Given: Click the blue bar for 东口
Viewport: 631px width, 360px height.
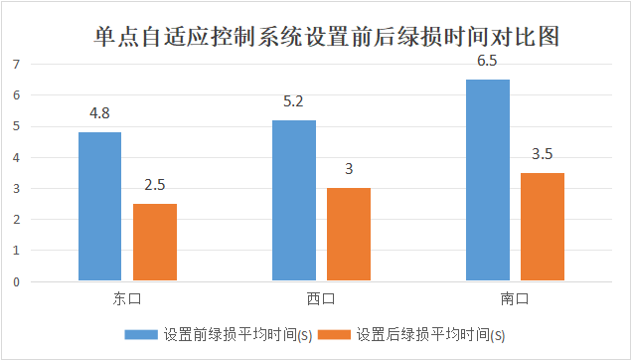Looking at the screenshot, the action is [x=99, y=206].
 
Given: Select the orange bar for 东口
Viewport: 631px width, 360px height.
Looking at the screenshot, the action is [x=155, y=242].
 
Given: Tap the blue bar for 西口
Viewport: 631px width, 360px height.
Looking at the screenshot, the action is [x=294, y=200].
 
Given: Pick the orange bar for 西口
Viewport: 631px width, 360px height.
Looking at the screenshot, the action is [x=349, y=234].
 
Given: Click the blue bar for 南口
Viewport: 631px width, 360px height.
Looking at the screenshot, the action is [x=488, y=180].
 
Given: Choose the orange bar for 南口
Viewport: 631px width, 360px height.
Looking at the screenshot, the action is [x=543, y=227].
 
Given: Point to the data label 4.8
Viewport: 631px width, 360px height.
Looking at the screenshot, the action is [x=99, y=113].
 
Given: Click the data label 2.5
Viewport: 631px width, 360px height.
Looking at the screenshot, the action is [x=155, y=185].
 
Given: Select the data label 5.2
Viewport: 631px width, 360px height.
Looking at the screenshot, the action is [x=293, y=101].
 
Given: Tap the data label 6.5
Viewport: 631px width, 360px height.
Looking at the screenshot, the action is [x=487, y=61].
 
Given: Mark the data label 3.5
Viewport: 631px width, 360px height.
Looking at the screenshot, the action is [x=543, y=154].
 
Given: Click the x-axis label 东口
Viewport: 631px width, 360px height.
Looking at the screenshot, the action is [x=127, y=298].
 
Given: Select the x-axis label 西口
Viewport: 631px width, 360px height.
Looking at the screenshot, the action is [x=321, y=298].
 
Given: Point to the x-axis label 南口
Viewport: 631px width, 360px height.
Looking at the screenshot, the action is [x=515, y=298].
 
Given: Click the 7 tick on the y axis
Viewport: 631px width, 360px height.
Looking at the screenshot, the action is [x=16, y=65].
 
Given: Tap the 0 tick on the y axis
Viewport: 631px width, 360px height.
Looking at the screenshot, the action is [x=16, y=282].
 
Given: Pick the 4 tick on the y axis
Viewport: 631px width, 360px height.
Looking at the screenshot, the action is [x=16, y=158].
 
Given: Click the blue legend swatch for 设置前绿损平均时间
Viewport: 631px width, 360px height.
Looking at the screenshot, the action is [x=141, y=334].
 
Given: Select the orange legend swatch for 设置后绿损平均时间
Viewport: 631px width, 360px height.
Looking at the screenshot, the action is [x=334, y=334].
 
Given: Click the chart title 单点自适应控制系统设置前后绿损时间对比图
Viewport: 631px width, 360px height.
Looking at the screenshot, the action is [x=327, y=37].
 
